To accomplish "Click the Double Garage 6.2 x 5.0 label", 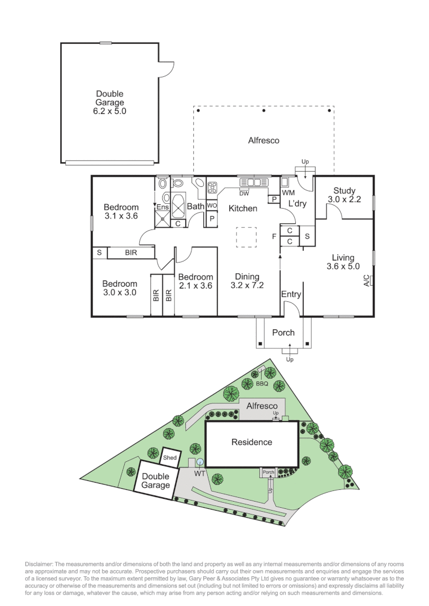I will tap(109, 103).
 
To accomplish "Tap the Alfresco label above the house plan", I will tap(263, 140).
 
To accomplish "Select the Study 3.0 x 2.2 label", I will tap(344, 195).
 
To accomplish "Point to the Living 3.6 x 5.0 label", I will tap(343, 262).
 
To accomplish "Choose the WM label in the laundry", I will tap(288, 192).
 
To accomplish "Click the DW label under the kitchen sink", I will tap(244, 194).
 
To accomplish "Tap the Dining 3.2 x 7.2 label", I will tap(247, 281).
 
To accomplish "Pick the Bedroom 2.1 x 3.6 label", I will tap(195, 281).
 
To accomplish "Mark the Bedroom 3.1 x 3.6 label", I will tap(121, 212).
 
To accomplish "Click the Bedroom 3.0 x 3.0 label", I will tap(120, 288).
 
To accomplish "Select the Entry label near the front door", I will tap(291, 294).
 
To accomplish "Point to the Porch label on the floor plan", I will tap(283, 333).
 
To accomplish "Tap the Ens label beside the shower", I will tap(162, 207).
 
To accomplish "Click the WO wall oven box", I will tap(212, 206).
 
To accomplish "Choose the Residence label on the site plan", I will tap(252, 442).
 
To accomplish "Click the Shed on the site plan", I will tap(170, 458).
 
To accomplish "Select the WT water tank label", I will tap(199, 474).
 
